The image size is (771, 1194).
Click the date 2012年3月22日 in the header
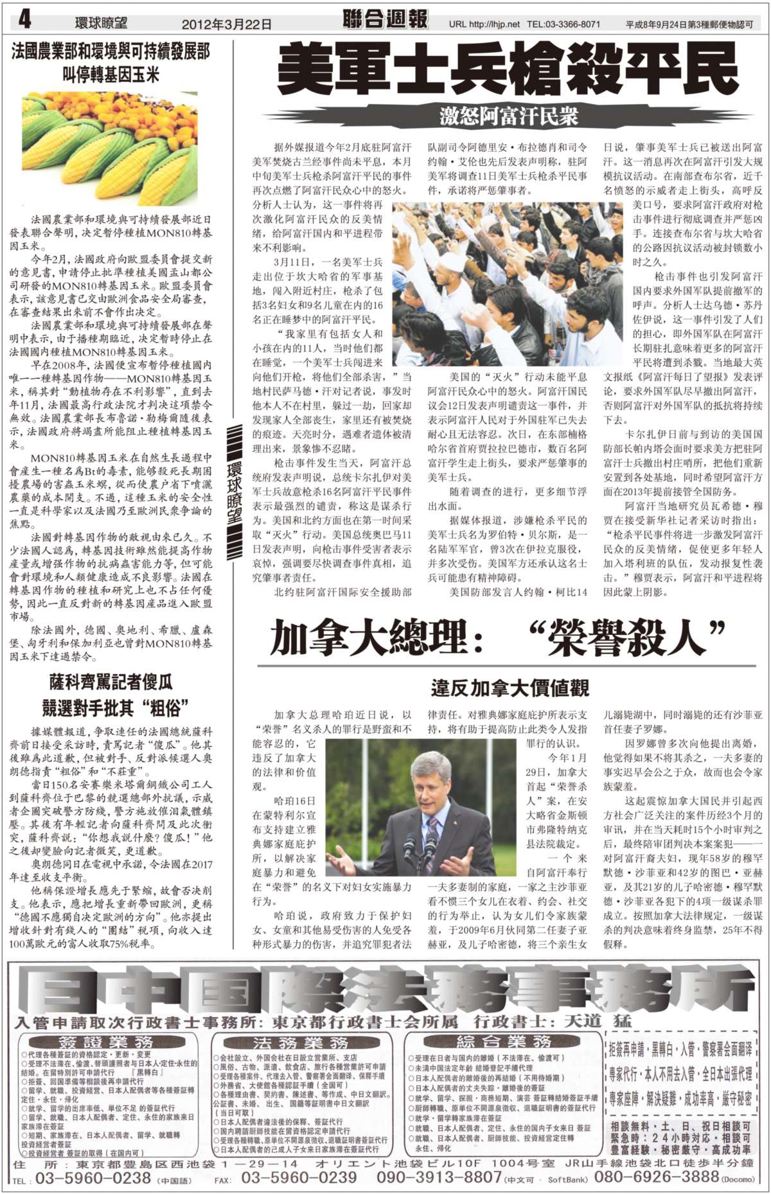(226, 24)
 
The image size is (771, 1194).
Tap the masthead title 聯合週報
(385, 20)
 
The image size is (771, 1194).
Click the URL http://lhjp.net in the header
(484, 24)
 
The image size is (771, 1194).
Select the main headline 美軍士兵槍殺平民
(508, 69)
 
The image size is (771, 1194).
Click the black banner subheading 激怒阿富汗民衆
(508, 116)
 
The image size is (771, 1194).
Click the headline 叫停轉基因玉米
(111, 75)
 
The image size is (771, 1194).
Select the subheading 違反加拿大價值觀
(510, 688)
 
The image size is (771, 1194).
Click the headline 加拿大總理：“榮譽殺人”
(497, 637)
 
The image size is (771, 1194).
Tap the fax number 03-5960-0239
(299, 1177)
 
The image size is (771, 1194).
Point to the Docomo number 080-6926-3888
(655, 1177)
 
